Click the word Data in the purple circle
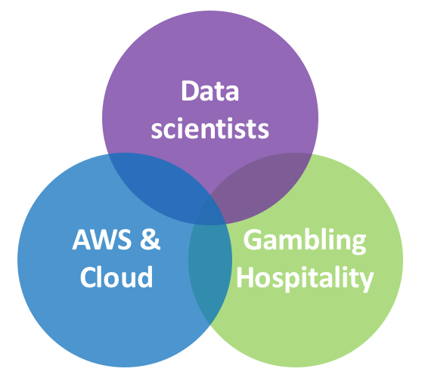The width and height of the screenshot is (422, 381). coord(210,91)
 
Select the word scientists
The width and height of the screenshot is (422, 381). coord(210,129)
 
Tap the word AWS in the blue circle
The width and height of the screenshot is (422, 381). coord(102,239)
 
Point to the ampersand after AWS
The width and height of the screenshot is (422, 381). coord(150,239)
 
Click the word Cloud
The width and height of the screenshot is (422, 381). coord(116,277)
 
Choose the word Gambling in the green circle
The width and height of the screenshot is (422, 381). coord(304,241)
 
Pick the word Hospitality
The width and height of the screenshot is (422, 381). coord(305,279)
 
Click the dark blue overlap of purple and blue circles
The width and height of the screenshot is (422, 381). coord(159,186)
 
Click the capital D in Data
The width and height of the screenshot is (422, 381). coord(191,91)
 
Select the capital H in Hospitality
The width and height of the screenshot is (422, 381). coord(246,277)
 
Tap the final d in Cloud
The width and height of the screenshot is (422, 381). coord(144,277)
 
